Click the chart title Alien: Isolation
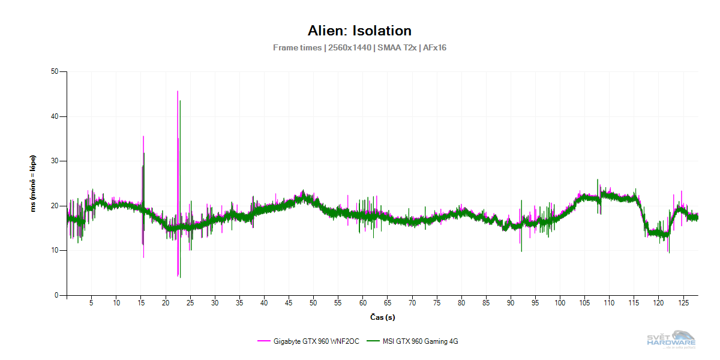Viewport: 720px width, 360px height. tap(359, 31)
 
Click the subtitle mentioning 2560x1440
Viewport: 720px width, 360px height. tap(359, 47)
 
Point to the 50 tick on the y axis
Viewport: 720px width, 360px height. tap(58, 72)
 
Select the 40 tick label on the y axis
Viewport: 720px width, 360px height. tap(58, 116)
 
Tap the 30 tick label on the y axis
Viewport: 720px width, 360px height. tap(58, 161)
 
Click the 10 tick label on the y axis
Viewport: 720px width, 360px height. tap(58, 250)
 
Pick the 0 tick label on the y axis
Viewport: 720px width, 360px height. tap(60, 295)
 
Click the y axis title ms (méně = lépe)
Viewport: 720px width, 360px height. tap(34, 184)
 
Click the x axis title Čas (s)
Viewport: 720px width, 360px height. tap(382, 317)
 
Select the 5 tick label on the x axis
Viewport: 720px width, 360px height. tap(91, 304)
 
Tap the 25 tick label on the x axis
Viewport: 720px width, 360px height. tap(190, 304)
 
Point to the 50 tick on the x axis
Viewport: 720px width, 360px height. tap(313, 304)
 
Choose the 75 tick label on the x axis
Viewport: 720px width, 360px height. tap(437, 304)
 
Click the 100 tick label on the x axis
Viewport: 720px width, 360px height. tap(560, 304)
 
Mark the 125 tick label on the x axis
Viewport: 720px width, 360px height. tap(683, 304)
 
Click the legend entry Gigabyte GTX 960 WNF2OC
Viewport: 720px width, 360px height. tap(316, 341)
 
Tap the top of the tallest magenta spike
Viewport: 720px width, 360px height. tap(178, 91)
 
